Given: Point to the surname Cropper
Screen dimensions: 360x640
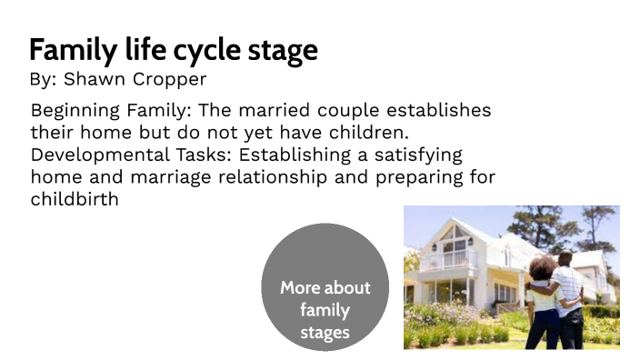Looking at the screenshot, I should (x=168, y=80).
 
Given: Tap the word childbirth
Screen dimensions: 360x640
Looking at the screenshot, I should (x=75, y=198).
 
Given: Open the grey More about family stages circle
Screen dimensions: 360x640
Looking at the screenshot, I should (x=325, y=287).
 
